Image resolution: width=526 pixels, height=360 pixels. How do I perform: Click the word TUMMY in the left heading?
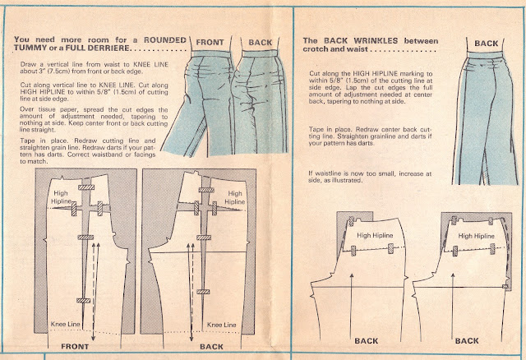coord(33,48)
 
